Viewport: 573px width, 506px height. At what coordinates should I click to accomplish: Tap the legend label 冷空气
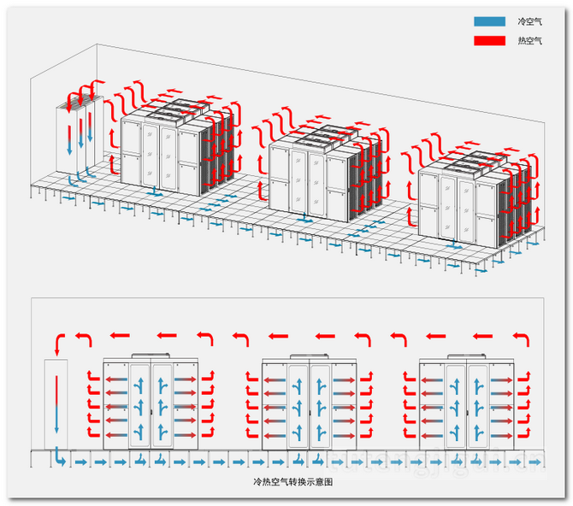[530, 21]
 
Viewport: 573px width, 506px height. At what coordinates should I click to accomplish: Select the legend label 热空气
[530, 40]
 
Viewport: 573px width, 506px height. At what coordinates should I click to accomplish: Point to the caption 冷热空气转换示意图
[286, 483]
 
